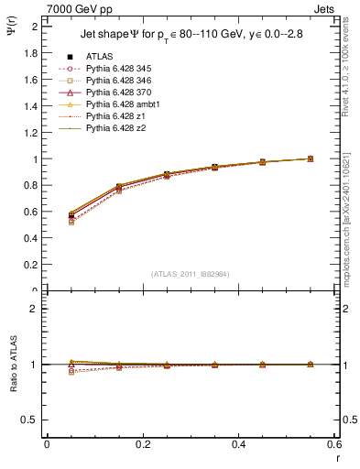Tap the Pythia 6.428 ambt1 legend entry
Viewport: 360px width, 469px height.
[x=119, y=104]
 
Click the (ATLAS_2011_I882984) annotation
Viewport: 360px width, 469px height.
[x=189, y=274]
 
